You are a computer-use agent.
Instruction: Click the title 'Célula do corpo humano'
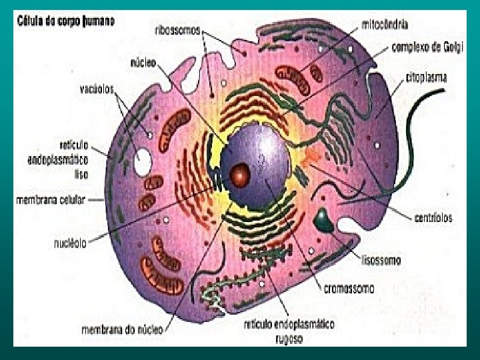click(65, 21)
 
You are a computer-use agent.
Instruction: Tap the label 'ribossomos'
click(178, 30)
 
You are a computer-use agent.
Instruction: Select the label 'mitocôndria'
click(385, 25)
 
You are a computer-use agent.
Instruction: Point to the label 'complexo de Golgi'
click(426, 47)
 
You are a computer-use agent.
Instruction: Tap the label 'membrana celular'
click(51, 199)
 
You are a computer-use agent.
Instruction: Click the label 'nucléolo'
click(70, 243)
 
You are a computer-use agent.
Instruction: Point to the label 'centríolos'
click(434, 217)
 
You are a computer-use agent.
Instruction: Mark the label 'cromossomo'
click(349, 288)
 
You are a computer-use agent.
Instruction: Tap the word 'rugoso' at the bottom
click(288, 338)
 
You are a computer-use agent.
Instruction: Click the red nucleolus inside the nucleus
click(239, 176)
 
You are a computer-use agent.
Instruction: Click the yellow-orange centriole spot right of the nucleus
click(308, 159)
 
